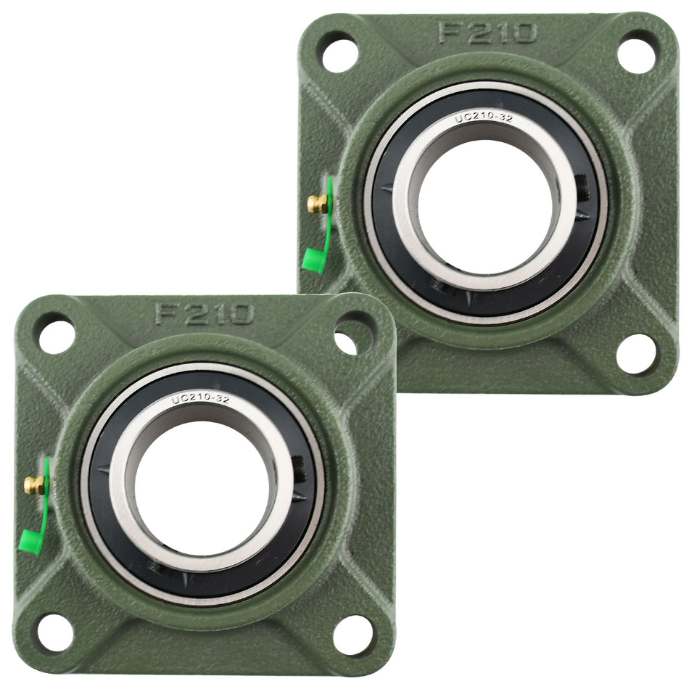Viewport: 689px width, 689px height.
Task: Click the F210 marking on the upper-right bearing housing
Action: tap(487, 33)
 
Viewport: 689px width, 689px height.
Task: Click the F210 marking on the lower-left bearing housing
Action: tap(204, 313)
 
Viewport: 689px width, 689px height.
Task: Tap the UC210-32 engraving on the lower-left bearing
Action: tap(200, 399)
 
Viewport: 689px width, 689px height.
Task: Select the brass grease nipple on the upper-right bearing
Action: tap(315, 204)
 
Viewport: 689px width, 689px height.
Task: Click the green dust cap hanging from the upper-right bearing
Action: tap(312, 260)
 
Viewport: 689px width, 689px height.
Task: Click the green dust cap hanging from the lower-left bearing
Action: tap(30, 541)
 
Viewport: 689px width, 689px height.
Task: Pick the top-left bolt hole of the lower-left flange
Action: tap(56, 335)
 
